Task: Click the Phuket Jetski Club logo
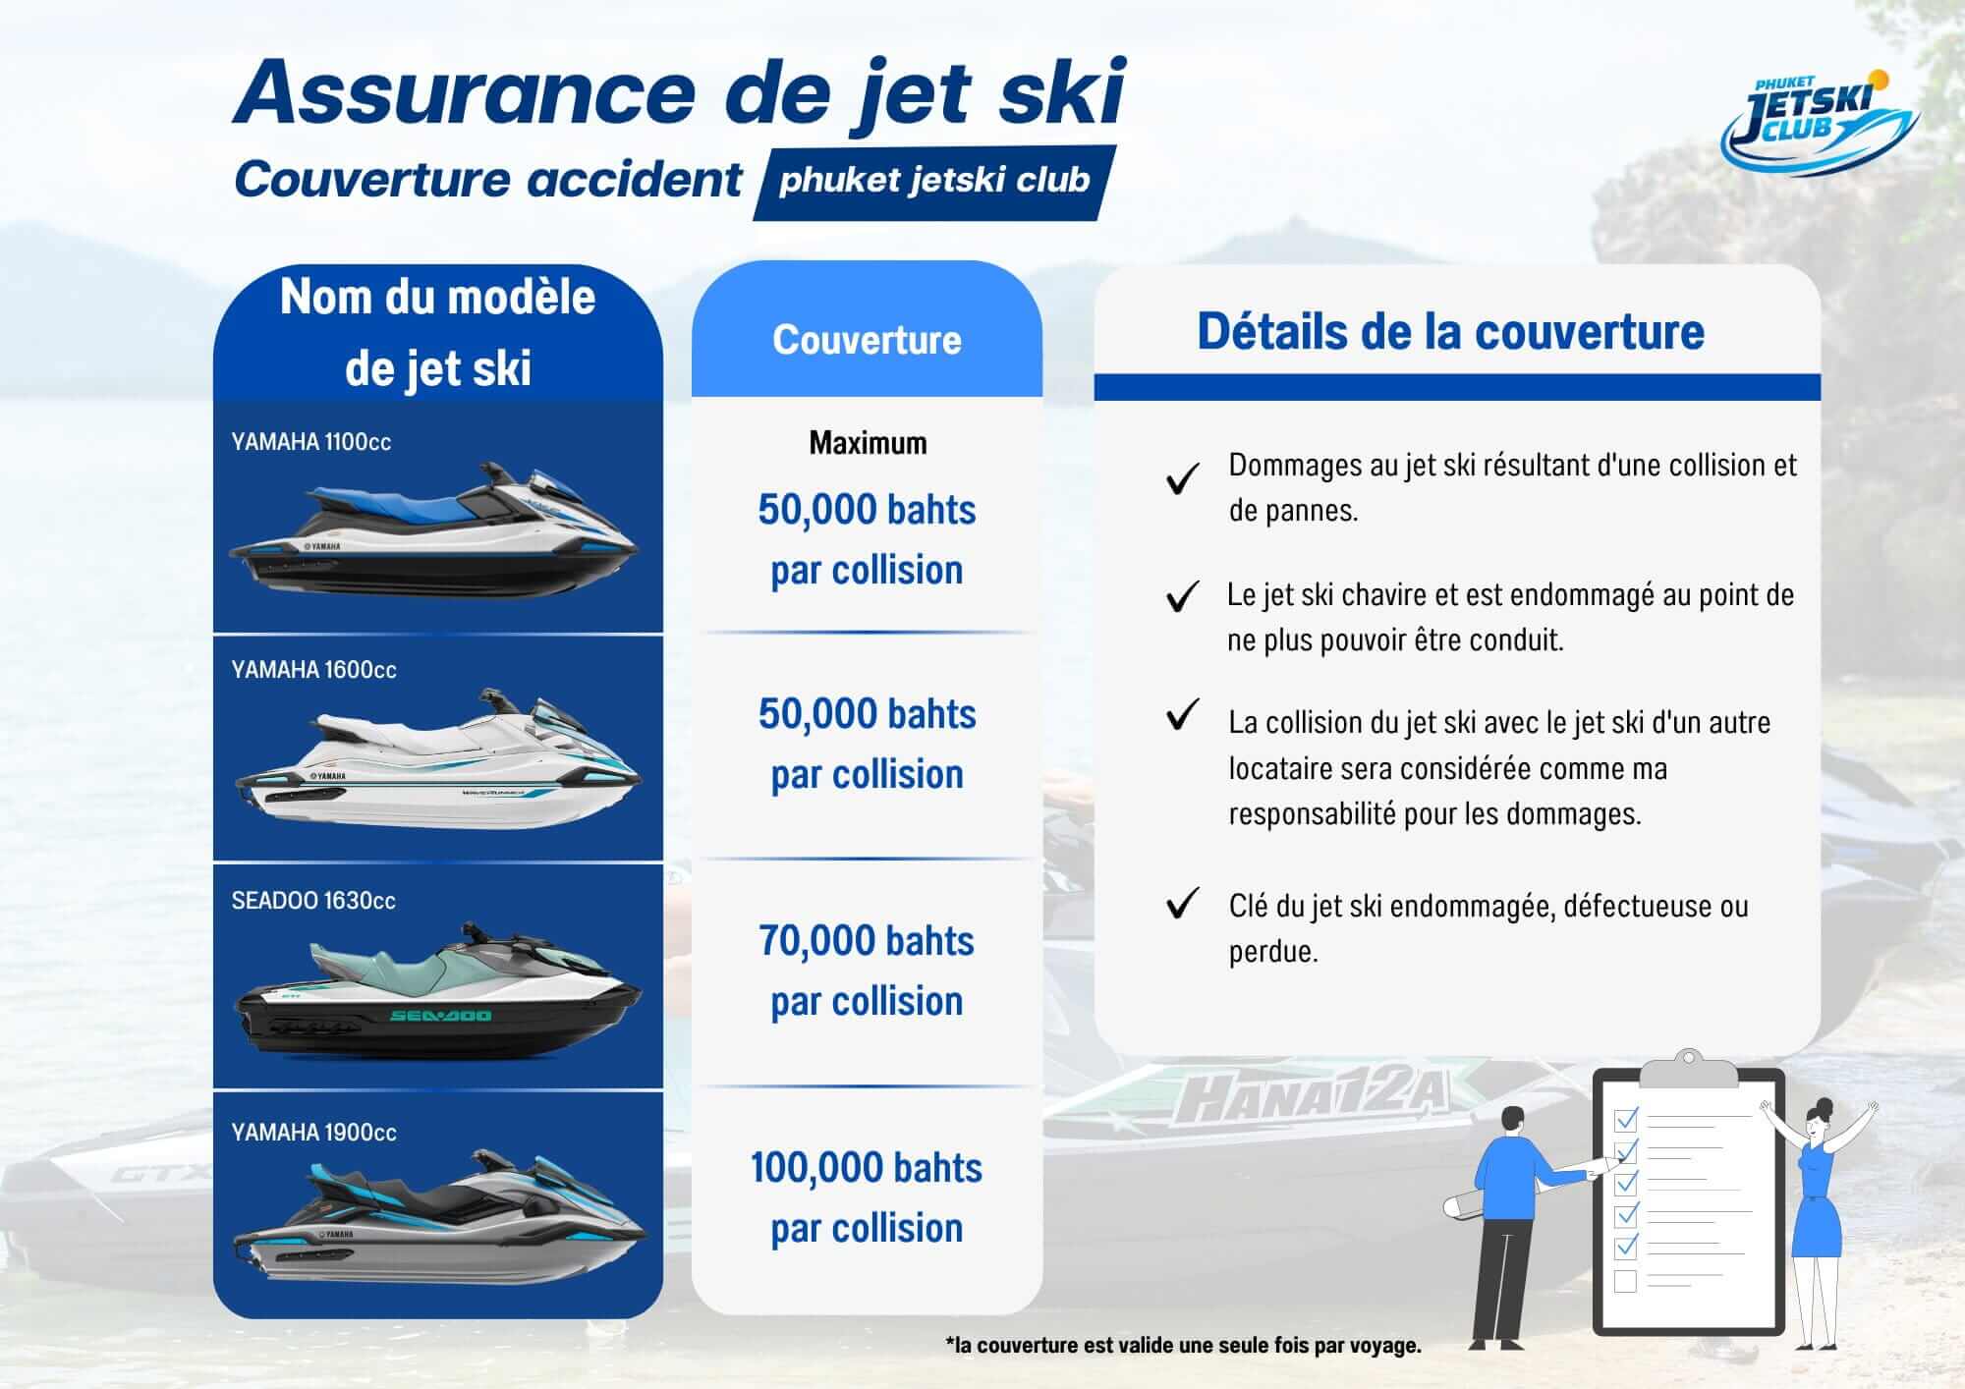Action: tap(1820, 123)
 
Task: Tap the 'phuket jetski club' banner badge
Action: tap(933, 181)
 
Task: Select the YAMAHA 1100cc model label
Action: tap(311, 442)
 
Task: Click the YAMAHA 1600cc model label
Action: tap(313, 670)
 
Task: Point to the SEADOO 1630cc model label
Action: tap(313, 901)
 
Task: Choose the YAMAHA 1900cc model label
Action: tap(313, 1133)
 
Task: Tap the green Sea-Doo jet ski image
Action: tap(437, 993)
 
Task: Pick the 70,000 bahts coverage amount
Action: tap(867, 941)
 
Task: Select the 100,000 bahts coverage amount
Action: tap(867, 1168)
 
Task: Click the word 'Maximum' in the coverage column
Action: tap(868, 443)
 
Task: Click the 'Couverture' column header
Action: tap(867, 340)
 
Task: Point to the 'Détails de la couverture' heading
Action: tap(1450, 331)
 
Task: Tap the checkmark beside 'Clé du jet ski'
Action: tap(1182, 903)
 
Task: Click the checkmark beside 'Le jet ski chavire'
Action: tap(1182, 595)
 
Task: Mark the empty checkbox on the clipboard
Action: tap(1625, 1281)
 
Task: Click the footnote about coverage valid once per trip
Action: tap(1183, 1345)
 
